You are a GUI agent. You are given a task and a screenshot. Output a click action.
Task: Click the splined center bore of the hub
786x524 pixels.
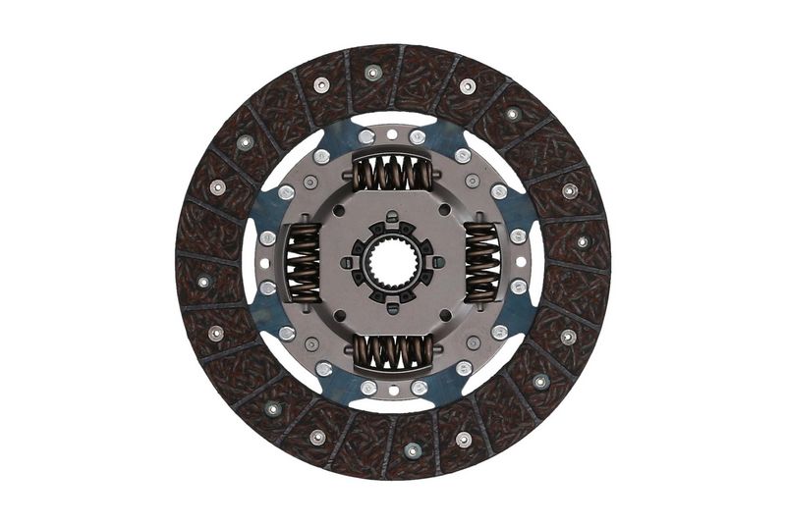393,262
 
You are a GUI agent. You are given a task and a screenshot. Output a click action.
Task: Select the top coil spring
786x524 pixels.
393,175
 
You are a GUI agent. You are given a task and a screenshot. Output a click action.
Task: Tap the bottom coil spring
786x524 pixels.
393,349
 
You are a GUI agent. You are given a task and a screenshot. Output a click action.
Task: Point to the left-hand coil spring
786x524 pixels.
304,262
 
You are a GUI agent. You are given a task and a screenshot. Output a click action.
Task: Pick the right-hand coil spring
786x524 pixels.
481,262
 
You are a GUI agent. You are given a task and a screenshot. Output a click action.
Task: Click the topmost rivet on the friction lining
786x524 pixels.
372,72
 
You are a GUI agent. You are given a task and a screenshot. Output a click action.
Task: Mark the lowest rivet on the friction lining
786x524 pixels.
413,450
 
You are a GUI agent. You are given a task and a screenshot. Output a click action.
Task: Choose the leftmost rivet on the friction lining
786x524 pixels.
203,282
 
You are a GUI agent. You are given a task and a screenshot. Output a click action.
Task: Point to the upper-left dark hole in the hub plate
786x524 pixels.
338,210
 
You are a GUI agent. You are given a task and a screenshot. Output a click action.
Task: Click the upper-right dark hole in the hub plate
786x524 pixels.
448,210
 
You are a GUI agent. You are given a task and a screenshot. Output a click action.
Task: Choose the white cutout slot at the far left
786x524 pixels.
250,262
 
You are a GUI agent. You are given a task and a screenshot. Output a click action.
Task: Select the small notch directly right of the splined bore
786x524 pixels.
437,262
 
